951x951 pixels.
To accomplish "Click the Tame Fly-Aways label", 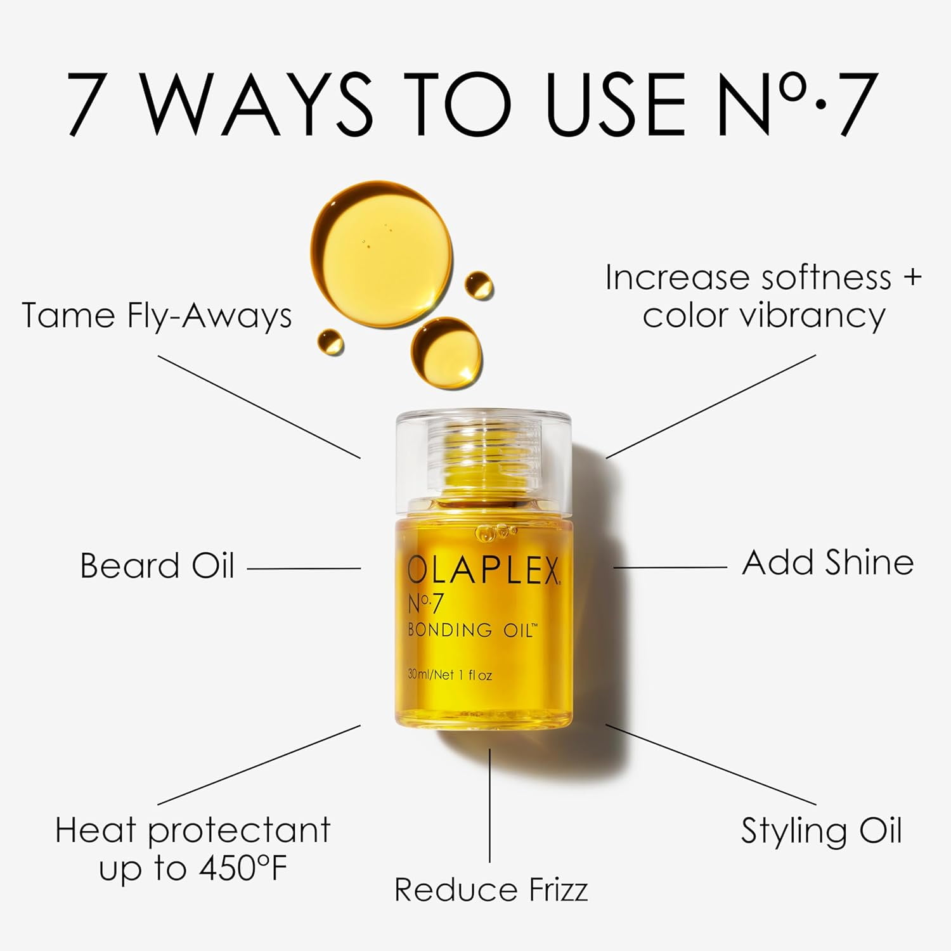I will point(157,315).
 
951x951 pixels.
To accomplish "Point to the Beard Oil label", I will point(157,566).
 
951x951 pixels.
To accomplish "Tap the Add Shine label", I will point(827,562).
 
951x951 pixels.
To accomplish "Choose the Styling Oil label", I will point(821,831).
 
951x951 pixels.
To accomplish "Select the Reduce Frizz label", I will point(491,889).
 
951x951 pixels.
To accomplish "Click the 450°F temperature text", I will point(242,868).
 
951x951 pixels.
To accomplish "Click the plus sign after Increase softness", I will point(912,278).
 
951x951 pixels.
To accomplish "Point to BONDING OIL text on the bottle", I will point(472,630).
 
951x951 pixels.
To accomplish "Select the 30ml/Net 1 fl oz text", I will point(450,675).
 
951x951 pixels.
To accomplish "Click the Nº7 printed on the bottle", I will point(424,604).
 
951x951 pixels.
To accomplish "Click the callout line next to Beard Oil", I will point(304,569).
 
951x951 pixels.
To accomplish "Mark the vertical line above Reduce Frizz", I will point(489,805).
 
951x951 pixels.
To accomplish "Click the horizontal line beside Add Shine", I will point(670,567).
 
